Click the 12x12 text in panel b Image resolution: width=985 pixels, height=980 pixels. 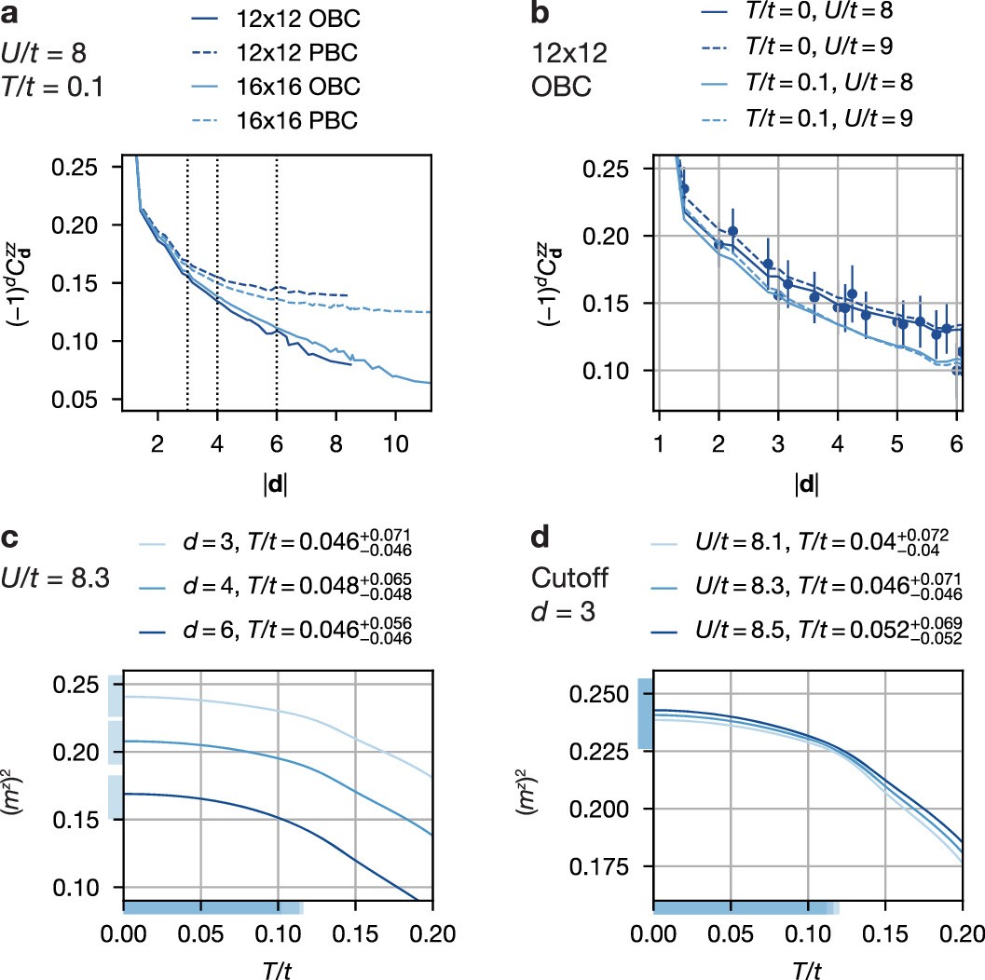(568, 53)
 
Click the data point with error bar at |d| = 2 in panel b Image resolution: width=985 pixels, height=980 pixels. (718, 244)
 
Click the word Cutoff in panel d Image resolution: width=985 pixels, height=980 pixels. (569, 578)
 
